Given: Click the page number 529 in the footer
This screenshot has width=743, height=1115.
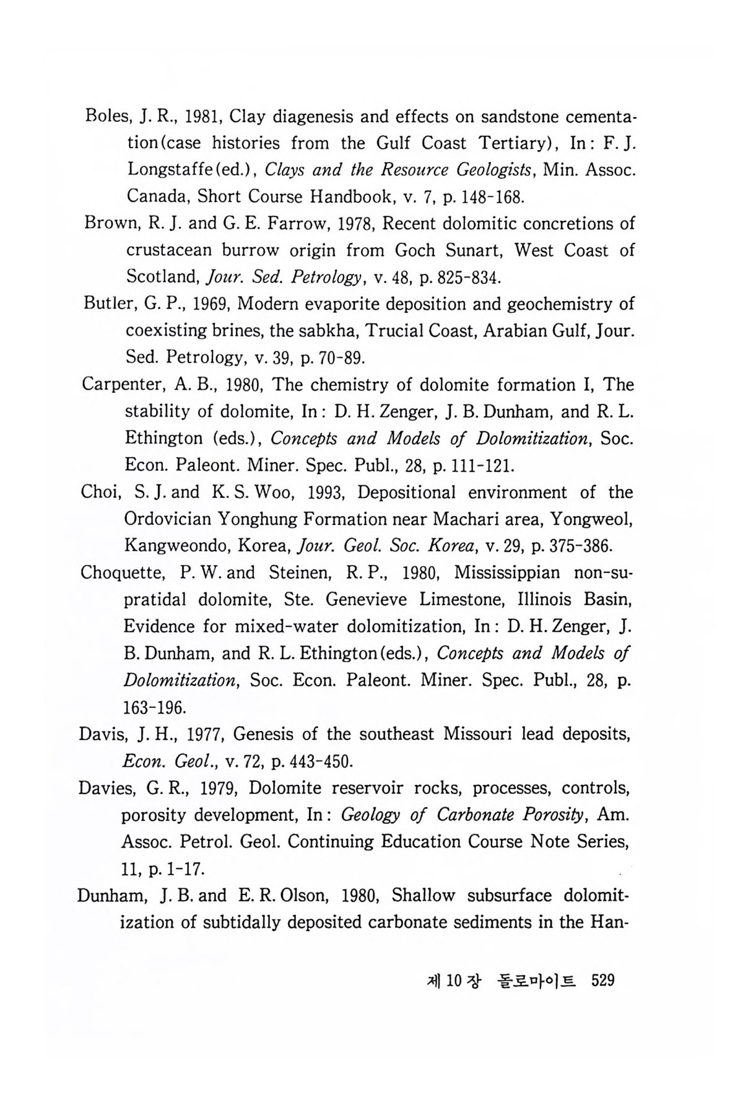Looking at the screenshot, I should coord(602,981).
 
